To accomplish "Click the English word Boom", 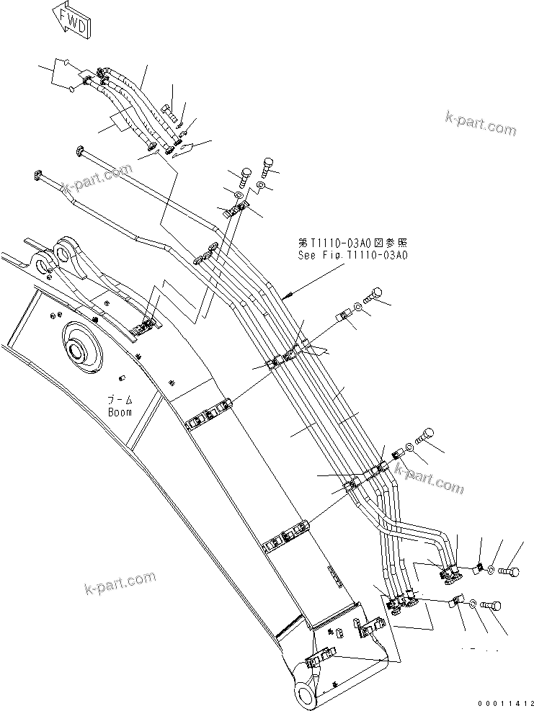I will point(120,413).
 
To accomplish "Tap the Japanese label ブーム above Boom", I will point(119,401).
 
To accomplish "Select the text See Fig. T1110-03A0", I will point(353,255).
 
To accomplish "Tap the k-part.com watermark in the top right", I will point(481,123).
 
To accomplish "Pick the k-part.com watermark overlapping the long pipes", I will point(98,179).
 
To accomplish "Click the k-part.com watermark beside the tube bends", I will point(428,478).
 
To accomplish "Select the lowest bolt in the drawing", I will point(492,607).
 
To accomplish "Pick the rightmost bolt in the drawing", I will point(509,572).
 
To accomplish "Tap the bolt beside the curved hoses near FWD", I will point(169,111).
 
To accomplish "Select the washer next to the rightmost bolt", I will point(491,571).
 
